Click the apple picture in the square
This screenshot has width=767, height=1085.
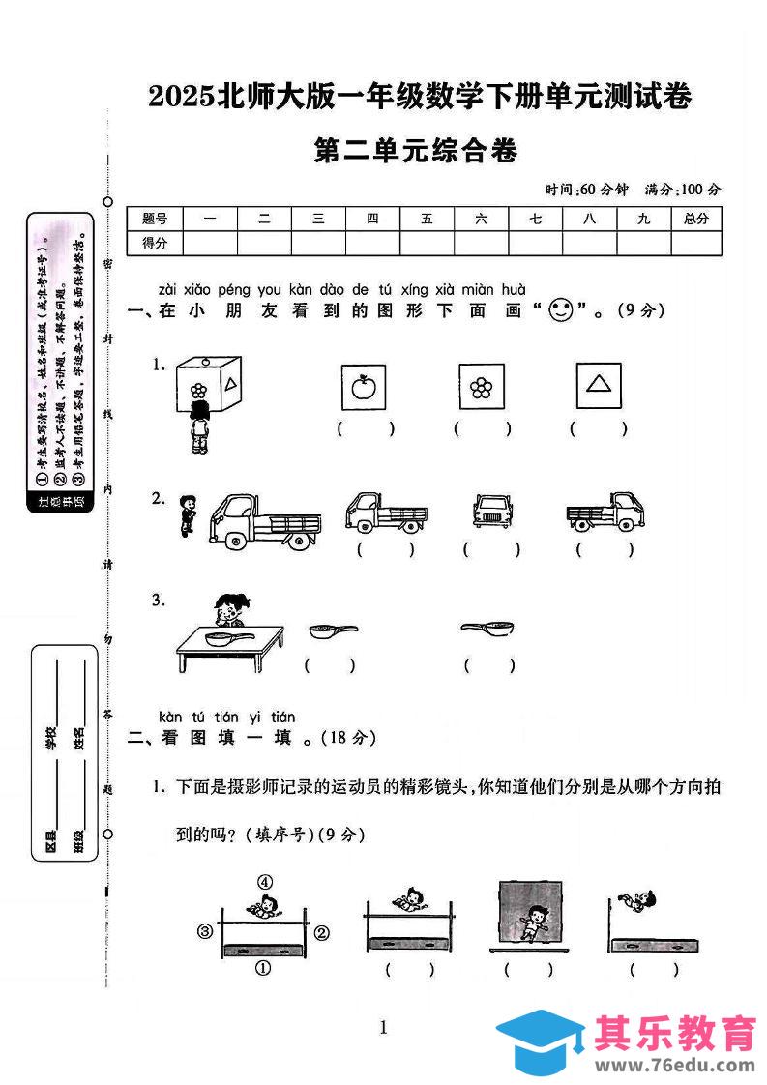[x=364, y=388]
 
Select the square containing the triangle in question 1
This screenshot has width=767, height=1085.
[x=599, y=386]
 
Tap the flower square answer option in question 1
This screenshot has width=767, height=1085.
[x=481, y=388]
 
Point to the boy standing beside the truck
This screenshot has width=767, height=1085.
[x=188, y=515]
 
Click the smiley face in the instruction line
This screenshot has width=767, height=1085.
[x=560, y=310]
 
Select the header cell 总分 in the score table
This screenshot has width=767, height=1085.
[x=695, y=220]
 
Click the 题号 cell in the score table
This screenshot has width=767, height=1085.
[x=155, y=220]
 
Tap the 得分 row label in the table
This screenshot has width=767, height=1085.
[x=155, y=244]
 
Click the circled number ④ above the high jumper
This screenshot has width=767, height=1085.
[x=264, y=881]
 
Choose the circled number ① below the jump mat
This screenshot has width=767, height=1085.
[x=262, y=967]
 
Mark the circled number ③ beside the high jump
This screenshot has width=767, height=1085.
[x=204, y=932]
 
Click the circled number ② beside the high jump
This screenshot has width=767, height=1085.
[x=322, y=933]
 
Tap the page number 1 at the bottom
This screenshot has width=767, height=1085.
[x=384, y=1027]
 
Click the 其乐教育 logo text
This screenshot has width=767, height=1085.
[x=675, y=1033]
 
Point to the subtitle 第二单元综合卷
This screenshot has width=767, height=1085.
[x=417, y=152]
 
